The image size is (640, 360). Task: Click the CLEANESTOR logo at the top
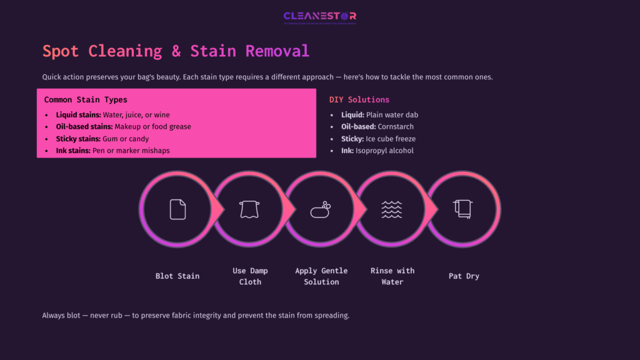(x=319, y=17)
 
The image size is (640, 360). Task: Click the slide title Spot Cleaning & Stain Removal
(x=176, y=51)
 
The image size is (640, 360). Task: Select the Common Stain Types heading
(x=86, y=99)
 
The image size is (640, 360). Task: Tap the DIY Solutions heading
(x=359, y=99)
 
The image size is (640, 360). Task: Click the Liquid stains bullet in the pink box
(x=112, y=115)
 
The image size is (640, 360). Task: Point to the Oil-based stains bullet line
(x=123, y=127)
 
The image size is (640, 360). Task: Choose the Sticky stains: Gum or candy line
(x=102, y=139)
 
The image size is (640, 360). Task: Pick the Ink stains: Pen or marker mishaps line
(x=112, y=151)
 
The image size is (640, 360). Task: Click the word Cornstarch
(x=396, y=127)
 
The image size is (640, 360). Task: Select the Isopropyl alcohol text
(x=384, y=151)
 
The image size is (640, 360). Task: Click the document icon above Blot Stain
(x=177, y=209)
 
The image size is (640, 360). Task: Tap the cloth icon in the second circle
(x=249, y=209)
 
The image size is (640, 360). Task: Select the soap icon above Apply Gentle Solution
(x=321, y=209)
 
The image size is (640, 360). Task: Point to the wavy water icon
(x=392, y=209)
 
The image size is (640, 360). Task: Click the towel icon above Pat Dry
(x=463, y=209)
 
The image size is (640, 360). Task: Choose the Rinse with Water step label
(x=392, y=276)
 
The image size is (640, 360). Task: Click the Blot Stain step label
(x=177, y=276)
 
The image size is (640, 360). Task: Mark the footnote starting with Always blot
(x=196, y=315)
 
